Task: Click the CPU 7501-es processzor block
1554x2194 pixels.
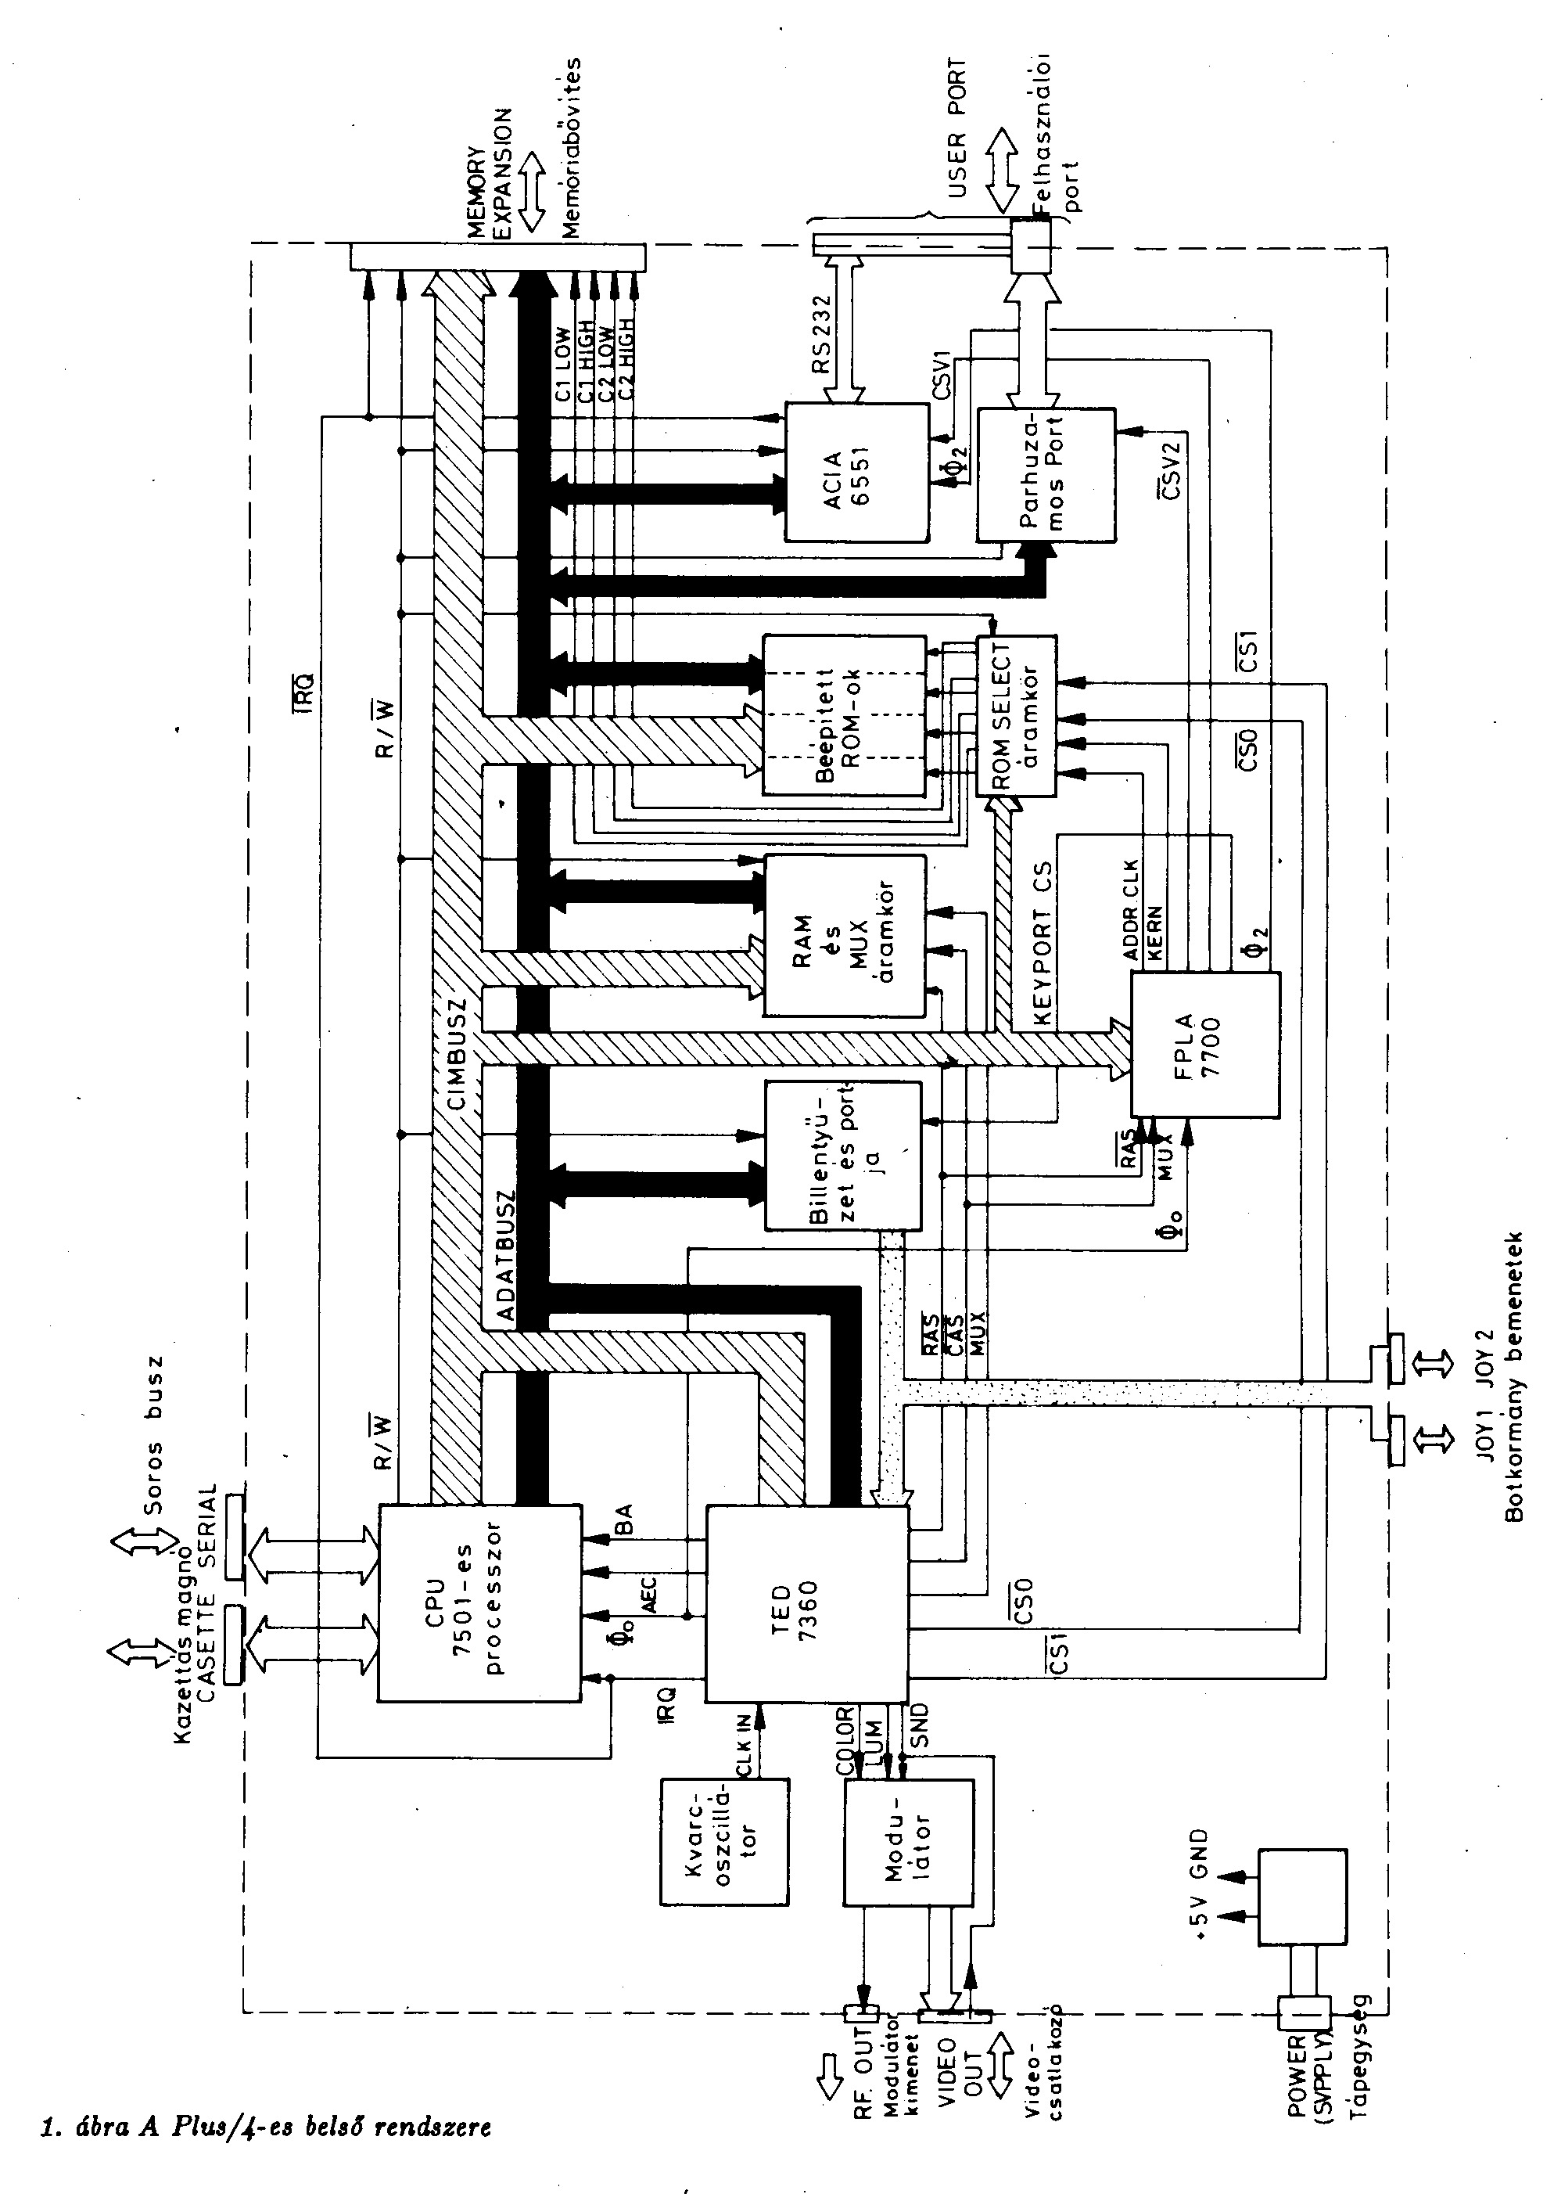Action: click(479, 1602)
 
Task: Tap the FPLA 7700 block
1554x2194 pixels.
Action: click(1204, 1045)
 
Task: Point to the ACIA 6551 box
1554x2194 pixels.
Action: click(856, 472)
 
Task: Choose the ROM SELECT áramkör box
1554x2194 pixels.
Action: click(1015, 715)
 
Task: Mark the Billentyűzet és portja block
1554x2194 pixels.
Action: click(842, 1156)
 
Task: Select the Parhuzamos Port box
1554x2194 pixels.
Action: click(1045, 476)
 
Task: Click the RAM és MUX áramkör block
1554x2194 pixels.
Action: click(845, 935)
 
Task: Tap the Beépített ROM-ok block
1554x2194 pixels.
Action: click(843, 714)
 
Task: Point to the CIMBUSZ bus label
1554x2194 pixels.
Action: click(458, 1053)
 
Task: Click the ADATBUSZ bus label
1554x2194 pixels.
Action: click(505, 1255)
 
